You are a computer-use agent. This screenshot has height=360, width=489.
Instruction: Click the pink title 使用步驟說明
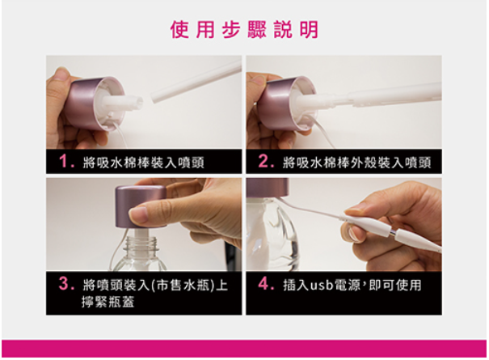point(244,30)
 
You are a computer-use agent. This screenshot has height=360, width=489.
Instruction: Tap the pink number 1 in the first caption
point(64,162)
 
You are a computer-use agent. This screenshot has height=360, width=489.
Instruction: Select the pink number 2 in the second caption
point(264,162)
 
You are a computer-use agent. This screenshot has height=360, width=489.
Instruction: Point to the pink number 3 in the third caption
point(64,284)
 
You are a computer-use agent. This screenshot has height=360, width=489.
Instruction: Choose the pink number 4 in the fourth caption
point(263,284)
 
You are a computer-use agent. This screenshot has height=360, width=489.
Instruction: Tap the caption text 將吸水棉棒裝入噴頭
point(144,163)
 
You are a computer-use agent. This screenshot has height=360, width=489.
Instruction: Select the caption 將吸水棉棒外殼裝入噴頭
point(356,163)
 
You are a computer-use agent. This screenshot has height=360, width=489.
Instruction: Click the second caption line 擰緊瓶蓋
point(108,302)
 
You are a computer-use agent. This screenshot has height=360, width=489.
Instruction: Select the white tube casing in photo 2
point(396,94)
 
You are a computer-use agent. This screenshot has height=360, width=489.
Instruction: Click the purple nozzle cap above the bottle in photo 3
point(141,207)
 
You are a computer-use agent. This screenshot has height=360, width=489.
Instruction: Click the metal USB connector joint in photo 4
point(394,232)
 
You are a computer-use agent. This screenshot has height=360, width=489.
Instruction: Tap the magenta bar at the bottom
point(244,349)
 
